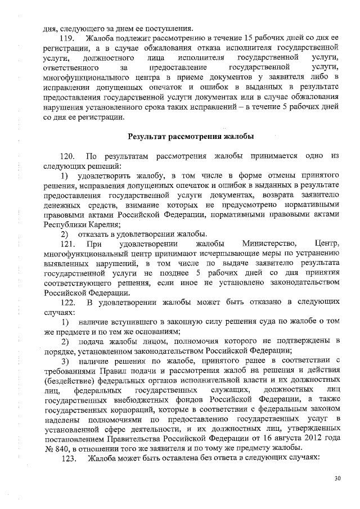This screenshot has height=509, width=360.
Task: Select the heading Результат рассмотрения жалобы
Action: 191,136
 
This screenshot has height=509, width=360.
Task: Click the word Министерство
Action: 269,242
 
